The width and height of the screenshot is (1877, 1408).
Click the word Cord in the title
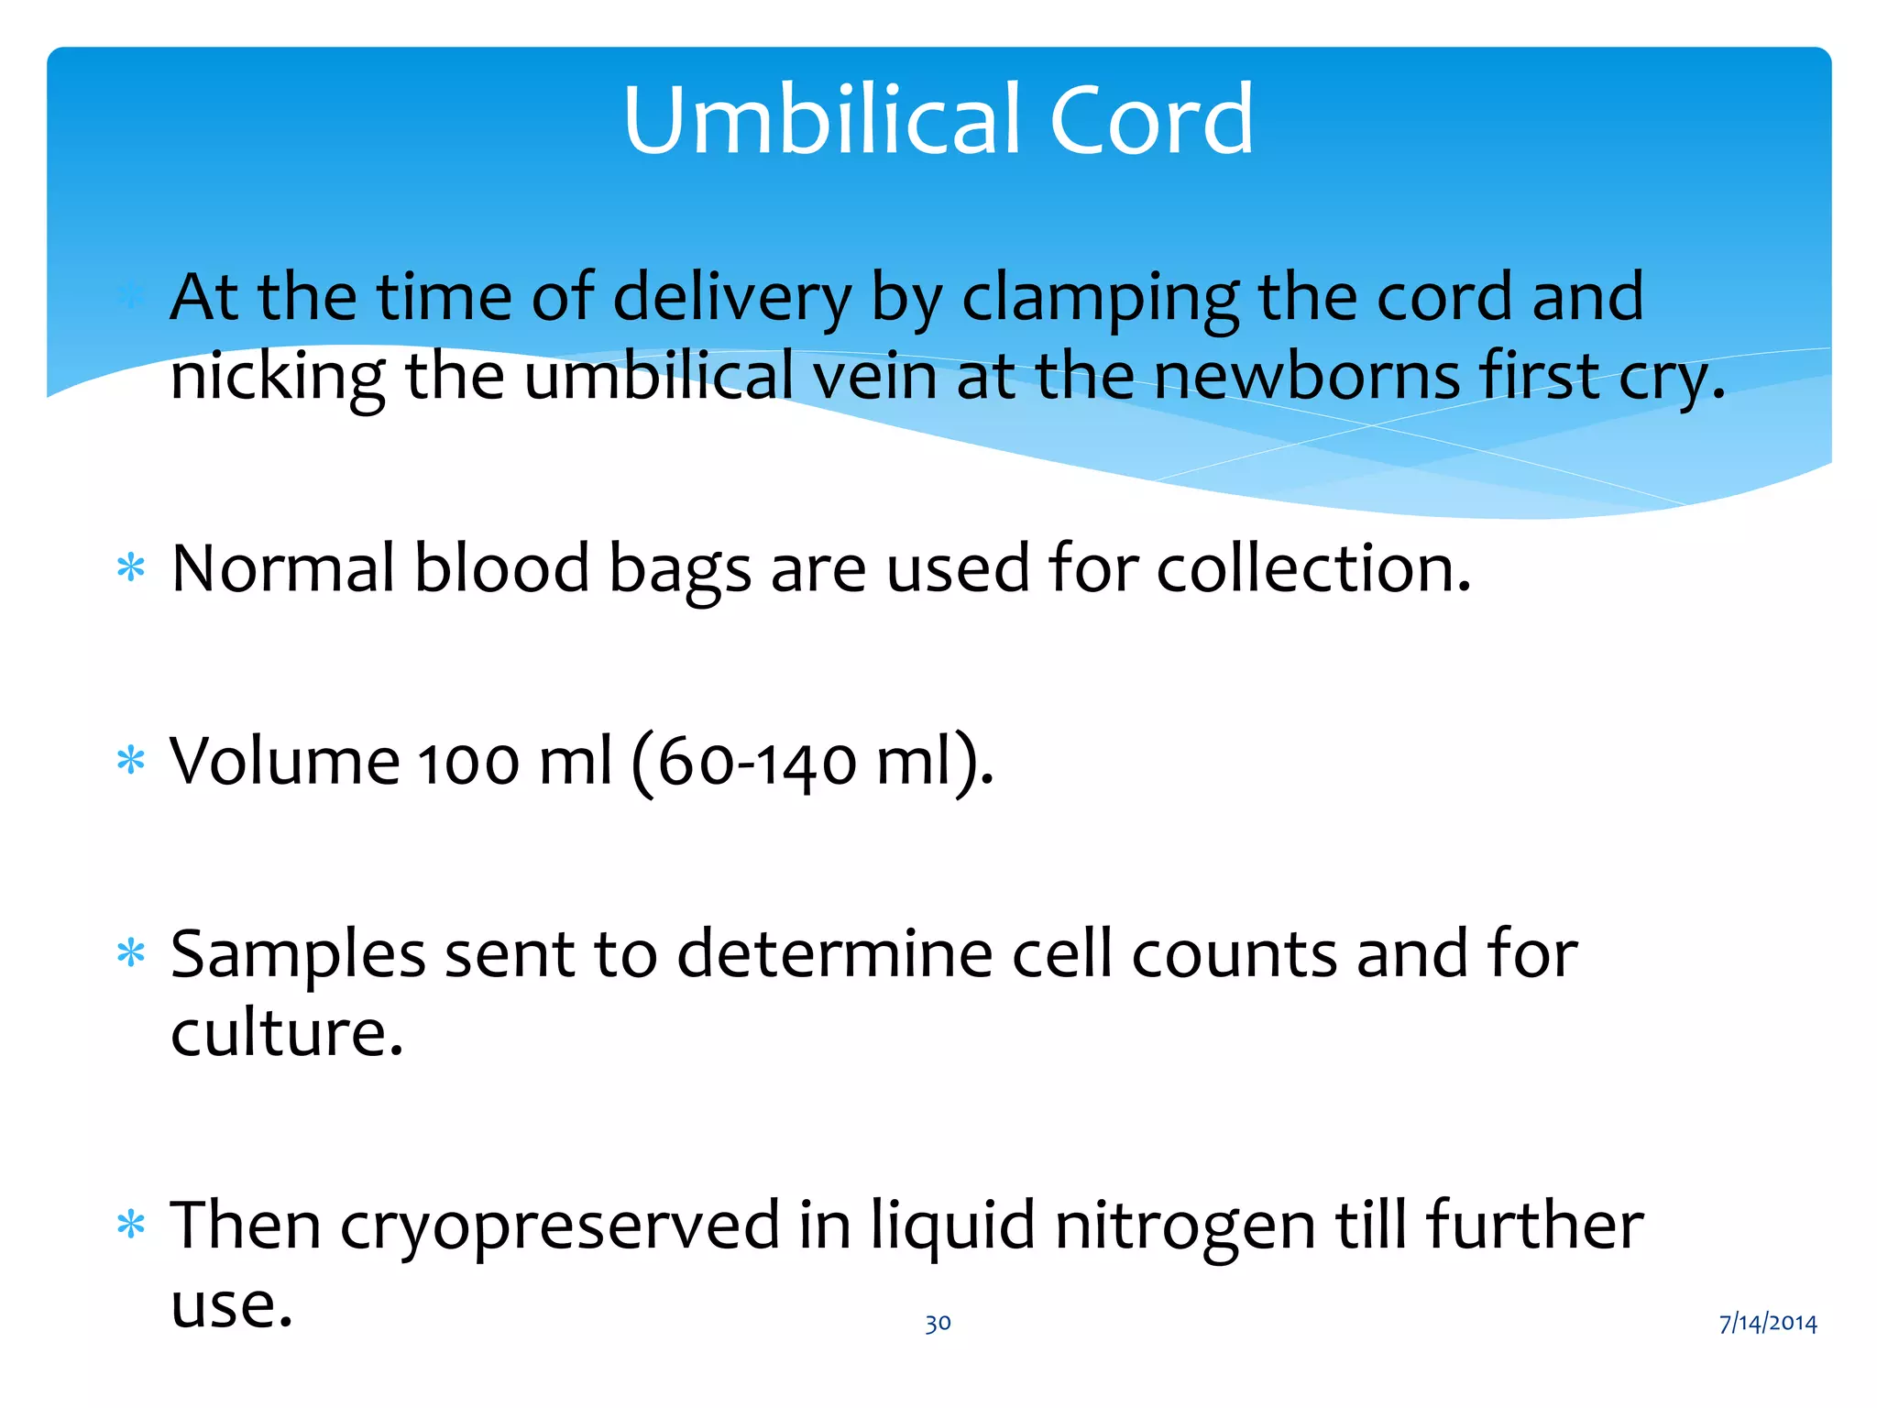click(x=1151, y=119)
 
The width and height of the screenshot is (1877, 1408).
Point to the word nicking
click(x=278, y=378)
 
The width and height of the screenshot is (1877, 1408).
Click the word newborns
click(x=1305, y=376)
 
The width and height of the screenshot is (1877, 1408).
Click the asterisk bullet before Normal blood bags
click(x=131, y=569)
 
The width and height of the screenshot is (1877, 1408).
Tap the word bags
click(x=680, y=570)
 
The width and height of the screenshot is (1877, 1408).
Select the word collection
click(x=1312, y=568)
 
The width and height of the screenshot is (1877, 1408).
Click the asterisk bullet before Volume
click(x=131, y=762)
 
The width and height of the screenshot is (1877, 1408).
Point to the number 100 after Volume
click(x=469, y=762)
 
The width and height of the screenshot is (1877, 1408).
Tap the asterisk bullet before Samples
click(x=131, y=954)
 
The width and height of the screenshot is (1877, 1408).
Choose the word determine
click(x=834, y=954)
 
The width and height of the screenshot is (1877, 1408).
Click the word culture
click(x=286, y=1033)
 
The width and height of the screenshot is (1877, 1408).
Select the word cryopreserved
click(x=559, y=1226)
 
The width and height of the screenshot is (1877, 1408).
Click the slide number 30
click(x=938, y=1323)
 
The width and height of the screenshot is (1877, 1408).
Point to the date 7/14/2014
click(x=1767, y=1323)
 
